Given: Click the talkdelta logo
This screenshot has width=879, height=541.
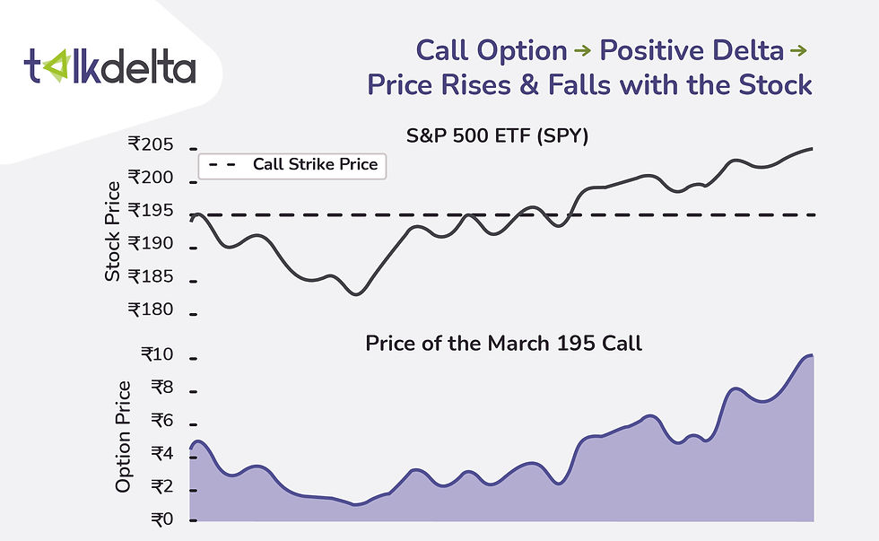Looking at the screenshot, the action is click(x=109, y=66).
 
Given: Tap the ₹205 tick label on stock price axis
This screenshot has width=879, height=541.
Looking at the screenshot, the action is click(x=151, y=144).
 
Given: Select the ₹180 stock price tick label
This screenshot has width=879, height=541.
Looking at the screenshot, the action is click(x=151, y=310).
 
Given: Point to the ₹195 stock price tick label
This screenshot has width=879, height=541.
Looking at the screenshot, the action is click(x=151, y=211).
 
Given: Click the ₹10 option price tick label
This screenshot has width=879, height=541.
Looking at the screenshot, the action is click(x=157, y=354).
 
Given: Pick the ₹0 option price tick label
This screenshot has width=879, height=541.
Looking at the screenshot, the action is click(x=162, y=519).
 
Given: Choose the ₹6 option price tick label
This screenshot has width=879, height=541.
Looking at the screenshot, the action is click(x=162, y=421).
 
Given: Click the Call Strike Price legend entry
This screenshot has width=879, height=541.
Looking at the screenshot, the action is click(x=292, y=165).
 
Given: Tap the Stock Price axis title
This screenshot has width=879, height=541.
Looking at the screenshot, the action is click(x=113, y=231).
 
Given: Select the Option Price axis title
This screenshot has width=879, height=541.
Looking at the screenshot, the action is click(x=123, y=437).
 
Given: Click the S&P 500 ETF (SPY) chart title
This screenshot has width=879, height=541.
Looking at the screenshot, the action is click(x=497, y=136).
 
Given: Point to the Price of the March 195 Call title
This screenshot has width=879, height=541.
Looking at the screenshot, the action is click(x=503, y=343).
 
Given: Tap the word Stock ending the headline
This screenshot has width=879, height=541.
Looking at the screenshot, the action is click(x=775, y=85).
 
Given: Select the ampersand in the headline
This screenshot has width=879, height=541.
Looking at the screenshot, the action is click(x=529, y=85).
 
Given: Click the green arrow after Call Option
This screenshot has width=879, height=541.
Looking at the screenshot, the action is click(x=583, y=51).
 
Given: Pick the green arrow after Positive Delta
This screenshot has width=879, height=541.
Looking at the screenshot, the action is click(x=798, y=51).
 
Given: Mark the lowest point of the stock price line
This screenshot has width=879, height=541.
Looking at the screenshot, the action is click(x=356, y=294).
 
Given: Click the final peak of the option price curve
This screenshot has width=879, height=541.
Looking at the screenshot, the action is click(x=809, y=355).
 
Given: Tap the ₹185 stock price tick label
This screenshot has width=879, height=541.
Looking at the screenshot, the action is click(x=151, y=276).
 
